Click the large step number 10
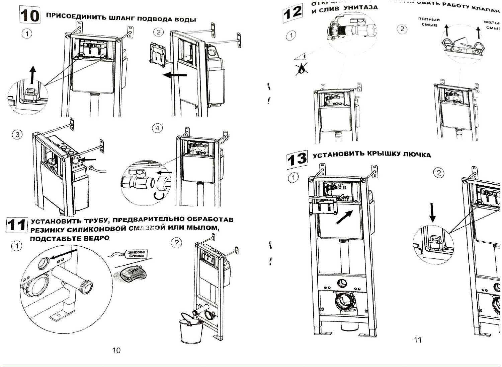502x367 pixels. pyautogui.click(x=29, y=16)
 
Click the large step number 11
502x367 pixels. pyautogui.click(x=16, y=225)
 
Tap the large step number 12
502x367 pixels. pyautogui.click(x=292, y=13)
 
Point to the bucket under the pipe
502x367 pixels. pyautogui.click(x=191, y=330)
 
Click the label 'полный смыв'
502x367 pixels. pyautogui.click(x=429, y=22)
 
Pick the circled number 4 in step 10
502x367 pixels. pyautogui.click(x=157, y=128)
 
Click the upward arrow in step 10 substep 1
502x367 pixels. pyautogui.click(x=32, y=74)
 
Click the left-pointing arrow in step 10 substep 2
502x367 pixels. pyautogui.click(x=175, y=75)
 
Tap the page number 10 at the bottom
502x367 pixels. pyautogui.click(x=116, y=350)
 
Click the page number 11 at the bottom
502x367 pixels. pyautogui.click(x=418, y=340)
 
